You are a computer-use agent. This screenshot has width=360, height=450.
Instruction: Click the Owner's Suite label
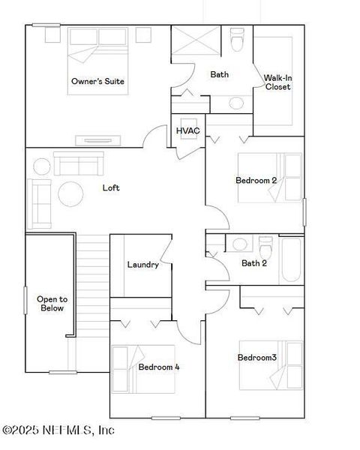click(x=97, y=81)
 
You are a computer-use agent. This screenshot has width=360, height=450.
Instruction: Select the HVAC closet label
click(x=187, y=131)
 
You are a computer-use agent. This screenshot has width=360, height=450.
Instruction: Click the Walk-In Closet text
click(x=277, y=82)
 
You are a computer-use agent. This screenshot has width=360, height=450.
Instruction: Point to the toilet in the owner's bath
click(x=237, y=40)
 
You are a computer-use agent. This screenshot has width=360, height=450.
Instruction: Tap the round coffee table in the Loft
click(x=71, y=193)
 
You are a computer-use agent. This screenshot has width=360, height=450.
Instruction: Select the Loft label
click(x=111, y=187)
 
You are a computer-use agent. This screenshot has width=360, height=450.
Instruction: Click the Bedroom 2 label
click(x=256, y=180)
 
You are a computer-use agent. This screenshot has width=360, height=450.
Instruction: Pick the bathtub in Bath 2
click(x=291, y=259)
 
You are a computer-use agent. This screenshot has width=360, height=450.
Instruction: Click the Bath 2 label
click(x=255, y=263)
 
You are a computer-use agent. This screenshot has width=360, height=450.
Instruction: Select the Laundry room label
click(x=142, y=265)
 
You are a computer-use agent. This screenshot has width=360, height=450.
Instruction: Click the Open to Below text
click(x=52, y=303)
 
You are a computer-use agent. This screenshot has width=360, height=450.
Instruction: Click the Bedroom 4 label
click(x=158, y=367)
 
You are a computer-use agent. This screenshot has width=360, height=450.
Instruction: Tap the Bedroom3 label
click(x=257, y=358)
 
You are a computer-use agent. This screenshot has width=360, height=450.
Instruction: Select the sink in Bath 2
click(x=239, y=244)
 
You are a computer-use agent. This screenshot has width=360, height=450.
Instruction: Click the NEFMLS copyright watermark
click(x=58, y=430)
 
